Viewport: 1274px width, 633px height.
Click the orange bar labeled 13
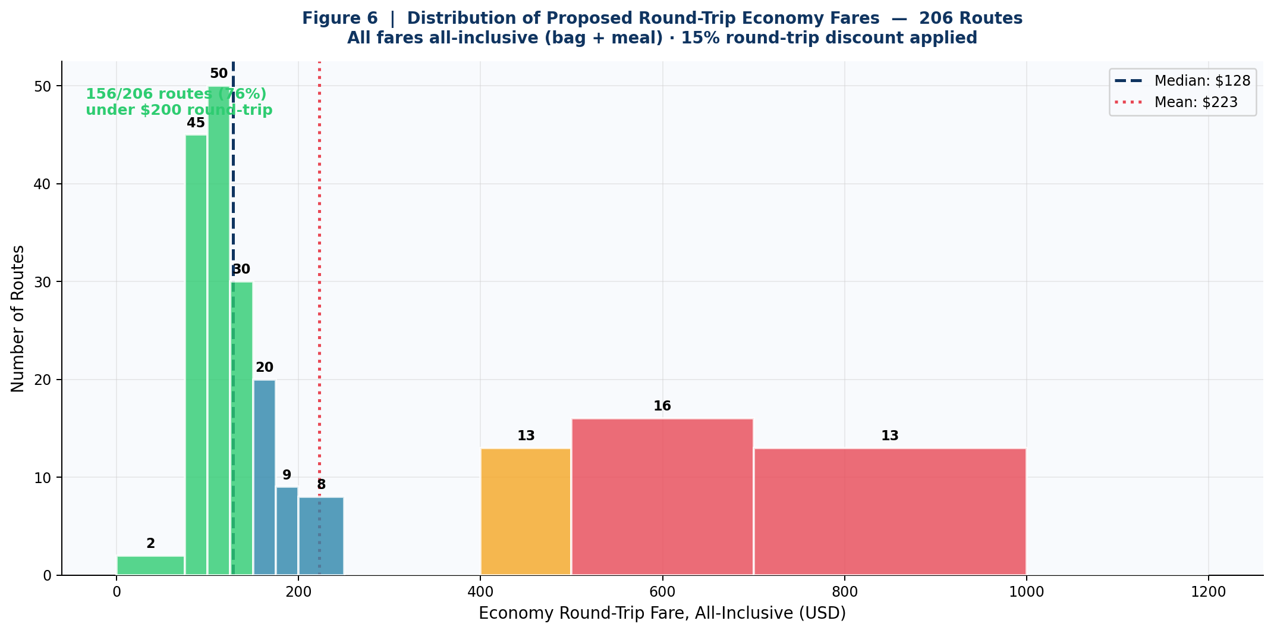coord(526,512)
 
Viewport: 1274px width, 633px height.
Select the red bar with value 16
coord(662,497)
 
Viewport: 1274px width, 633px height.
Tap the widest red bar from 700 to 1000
coord(890,512)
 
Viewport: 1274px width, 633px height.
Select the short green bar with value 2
coord(150,565)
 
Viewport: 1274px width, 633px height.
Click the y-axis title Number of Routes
coord(18,318)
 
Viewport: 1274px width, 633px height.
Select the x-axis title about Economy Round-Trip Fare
coord(662,613)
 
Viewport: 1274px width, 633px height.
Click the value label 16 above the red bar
coord(662,406)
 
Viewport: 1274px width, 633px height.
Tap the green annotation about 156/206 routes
coord(178,102)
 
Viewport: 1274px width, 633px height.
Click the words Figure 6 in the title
coord(341,18)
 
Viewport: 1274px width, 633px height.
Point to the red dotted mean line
coord(319,238)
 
